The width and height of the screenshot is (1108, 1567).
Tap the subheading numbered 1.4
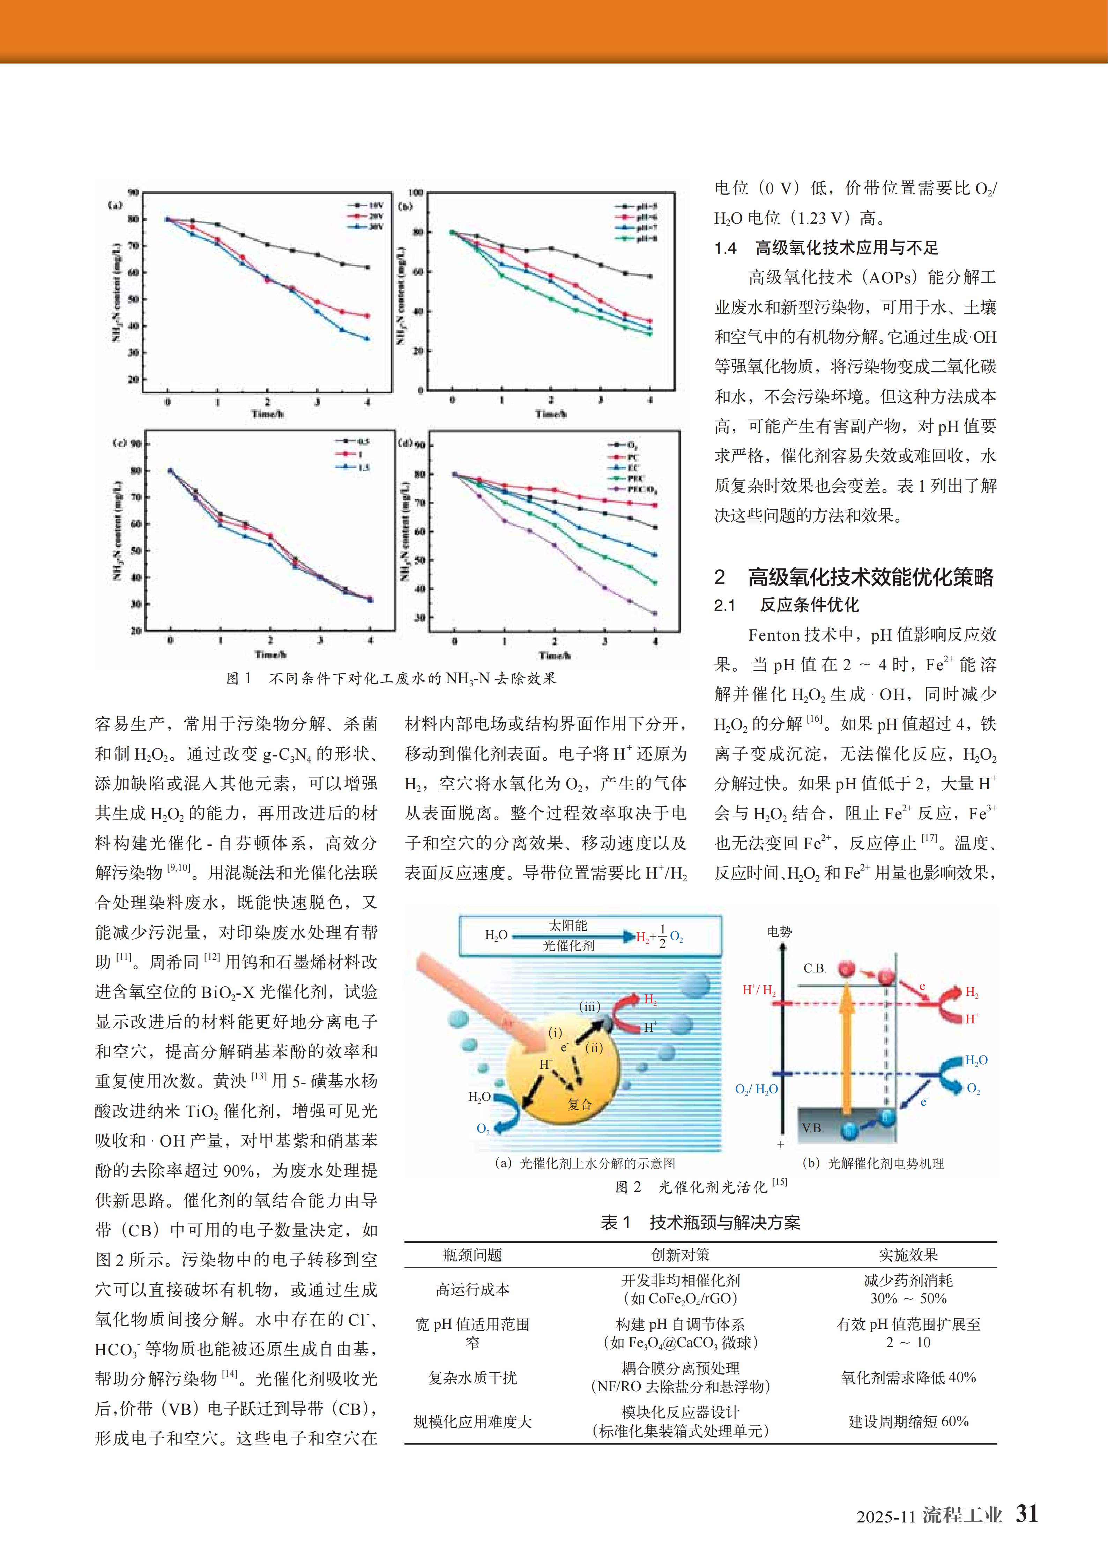pyautogui.click(x=826, y=248)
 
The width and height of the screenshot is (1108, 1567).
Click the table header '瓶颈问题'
pyautogui.click(x=473, y=1254)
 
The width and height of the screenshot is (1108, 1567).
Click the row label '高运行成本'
pyautogui.click(x=473, y=1289)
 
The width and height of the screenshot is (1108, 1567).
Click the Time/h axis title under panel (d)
pyautogui.click(x=554, y=655)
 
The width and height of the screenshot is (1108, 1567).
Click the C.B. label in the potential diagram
pyautogui.click(x=815, y=968)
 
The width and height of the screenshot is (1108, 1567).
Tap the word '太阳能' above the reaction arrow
pyautogui.click(x=568, y=925)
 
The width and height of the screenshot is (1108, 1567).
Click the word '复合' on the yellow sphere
pyautogui.click(x=580, y=1104)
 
